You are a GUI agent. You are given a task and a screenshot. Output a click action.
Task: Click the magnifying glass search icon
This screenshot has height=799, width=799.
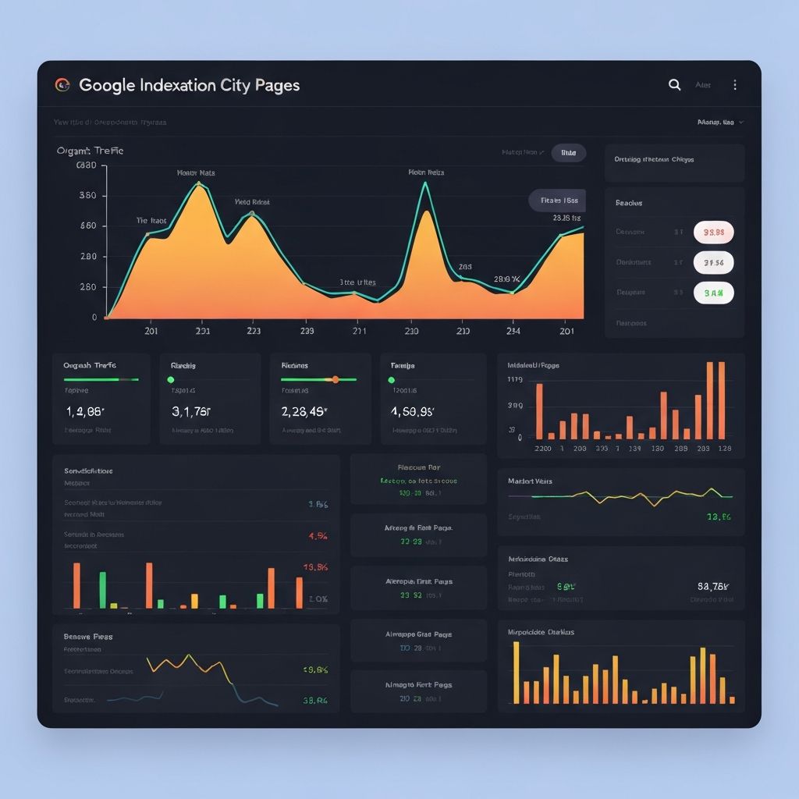tap(675, 85)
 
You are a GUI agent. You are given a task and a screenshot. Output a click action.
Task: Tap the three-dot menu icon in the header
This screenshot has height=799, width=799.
tap(734, 85)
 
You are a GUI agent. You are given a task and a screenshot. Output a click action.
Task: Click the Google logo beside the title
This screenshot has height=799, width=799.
tap(62, 85)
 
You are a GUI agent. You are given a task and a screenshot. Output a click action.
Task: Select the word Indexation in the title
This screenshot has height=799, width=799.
tap(179, 85)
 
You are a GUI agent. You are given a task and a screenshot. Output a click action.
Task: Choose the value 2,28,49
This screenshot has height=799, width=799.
tap(304, 411)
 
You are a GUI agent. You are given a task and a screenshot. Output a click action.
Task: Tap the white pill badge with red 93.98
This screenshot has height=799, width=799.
tap(713, 232)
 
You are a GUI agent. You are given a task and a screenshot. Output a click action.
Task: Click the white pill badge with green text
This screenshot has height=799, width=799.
tap(713, 293)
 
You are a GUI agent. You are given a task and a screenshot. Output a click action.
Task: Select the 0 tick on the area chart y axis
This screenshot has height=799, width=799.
tap(94, 318)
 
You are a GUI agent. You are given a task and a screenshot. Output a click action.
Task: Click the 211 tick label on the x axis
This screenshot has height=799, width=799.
tap(359, 331)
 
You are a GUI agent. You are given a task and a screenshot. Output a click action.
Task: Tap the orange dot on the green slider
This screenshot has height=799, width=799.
tap(336, 380)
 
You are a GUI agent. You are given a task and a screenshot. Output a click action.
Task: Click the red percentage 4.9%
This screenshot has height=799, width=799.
tap(318, 536)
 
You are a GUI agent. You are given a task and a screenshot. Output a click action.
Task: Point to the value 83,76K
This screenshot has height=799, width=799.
tap(713, 586)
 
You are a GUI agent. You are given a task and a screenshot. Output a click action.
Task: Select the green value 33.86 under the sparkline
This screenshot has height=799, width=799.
tap(718, 517)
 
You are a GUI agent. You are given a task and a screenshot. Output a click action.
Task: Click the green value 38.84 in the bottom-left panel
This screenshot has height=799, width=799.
tap(314, 701)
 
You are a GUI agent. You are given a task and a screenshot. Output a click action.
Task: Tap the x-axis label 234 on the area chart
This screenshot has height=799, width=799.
tap(512, 331)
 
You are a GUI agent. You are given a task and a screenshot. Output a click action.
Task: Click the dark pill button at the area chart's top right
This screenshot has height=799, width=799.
tap(568, 153)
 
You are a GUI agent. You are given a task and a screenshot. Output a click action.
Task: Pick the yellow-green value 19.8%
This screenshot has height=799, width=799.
tap(314, 669)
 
